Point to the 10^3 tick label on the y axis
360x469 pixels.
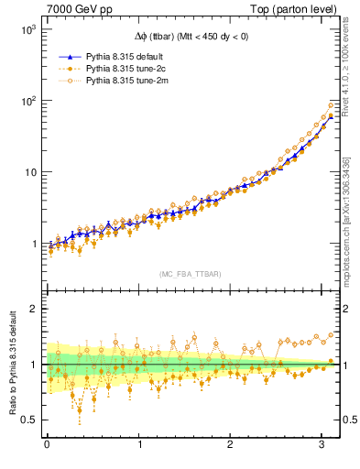(x=27, y=29)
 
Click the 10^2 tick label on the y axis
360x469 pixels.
(x=27, y=101)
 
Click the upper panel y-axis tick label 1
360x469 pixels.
(x=34, y=245)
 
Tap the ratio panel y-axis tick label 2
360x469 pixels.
(x=34, y=309)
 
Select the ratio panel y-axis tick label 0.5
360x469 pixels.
(x=28, y=420)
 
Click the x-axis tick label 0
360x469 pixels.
(x=47, y=444)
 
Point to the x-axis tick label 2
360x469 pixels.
(x=230, y=444)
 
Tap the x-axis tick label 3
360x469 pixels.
(x=322, y=444)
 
